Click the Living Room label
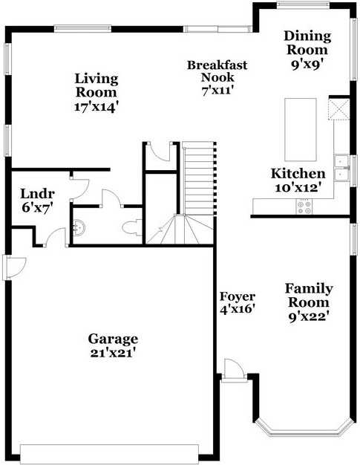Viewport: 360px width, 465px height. click(96, 85)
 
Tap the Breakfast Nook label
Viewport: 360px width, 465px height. click(217, 71)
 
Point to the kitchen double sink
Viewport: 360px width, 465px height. click(342, 167)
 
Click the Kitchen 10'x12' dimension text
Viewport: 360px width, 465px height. click(298, 187)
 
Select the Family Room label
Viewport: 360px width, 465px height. click(309, 296)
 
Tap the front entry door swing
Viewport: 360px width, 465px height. click(232, 368)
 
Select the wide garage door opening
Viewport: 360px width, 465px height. click(110, 453)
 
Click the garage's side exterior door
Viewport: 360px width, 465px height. click(14, 267)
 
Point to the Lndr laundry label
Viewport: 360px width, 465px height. click(35, 195)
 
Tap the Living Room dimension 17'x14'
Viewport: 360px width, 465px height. click(96, 106)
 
